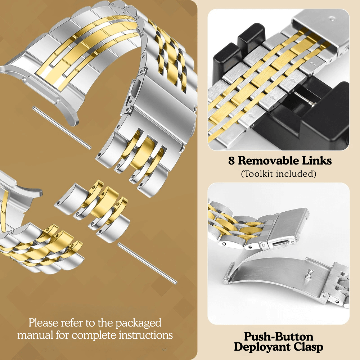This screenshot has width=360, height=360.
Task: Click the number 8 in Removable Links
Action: [x=231, y=161]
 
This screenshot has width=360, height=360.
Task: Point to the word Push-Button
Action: [x=279, y=337]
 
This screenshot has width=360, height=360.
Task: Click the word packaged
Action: [x=139, y=323]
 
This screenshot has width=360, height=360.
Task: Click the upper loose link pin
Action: [x=62, y=127]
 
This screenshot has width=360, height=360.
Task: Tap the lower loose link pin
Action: [x=147, y=264]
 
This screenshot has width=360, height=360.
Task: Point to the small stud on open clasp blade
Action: [x=309, y=275]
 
